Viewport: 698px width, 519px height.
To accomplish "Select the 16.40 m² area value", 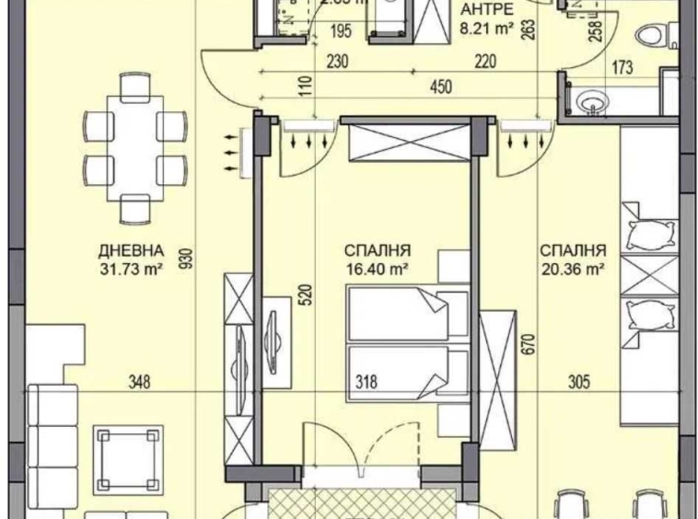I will pyautogui.click(x=378, y=269).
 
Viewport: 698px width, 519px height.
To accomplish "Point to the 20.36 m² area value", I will pyautogui.click(x=572, y=269).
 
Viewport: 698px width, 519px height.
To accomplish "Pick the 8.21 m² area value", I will pyautogui.click(x=487, y=29).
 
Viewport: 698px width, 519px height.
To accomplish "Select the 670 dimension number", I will pyautogui.click(x=529, y=345).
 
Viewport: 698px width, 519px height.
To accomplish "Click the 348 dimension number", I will pyautogui.click(x=139, y=381).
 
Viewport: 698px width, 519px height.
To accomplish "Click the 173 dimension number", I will pyautogui.click(x=623, y=65).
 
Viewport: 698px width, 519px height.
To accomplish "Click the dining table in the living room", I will pyautogui.click(x=134, y=146).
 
